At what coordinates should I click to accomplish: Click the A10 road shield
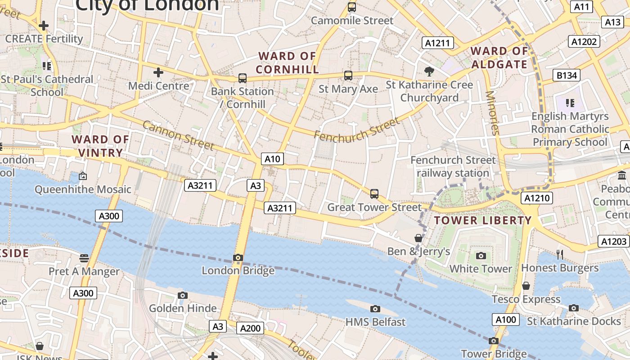(x=272, y=159)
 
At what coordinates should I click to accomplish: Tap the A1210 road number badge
(x=537, y=198)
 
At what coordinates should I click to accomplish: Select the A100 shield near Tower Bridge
(x=506, y=320)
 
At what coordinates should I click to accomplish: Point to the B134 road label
(x=567, y=75)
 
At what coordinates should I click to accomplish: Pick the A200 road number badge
(x=250, y=328)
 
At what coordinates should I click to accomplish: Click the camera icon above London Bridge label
(x=238, y=258)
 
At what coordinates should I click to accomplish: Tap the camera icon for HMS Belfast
(x=375, y=309)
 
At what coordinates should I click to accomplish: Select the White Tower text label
(x=481, y=269)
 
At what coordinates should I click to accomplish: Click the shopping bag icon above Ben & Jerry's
(x=418, y=238)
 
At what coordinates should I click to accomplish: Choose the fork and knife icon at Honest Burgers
(x=560, y=255)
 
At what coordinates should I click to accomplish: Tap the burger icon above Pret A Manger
(x=84, y=258)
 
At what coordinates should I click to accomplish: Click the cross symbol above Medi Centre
(x=158, y=72)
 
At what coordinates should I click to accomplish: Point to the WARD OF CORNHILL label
(x=287, y=63)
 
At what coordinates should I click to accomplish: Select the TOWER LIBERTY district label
(x=483, y=220)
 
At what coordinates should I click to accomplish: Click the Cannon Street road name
(x=178, y=135)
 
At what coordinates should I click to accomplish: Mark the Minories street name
(x=493, y=113)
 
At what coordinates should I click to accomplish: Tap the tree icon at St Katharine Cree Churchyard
(x=429, y=71)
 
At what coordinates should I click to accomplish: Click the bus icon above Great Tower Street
(x=374, y=194)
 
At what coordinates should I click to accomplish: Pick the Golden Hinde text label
(x=183, y=308)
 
